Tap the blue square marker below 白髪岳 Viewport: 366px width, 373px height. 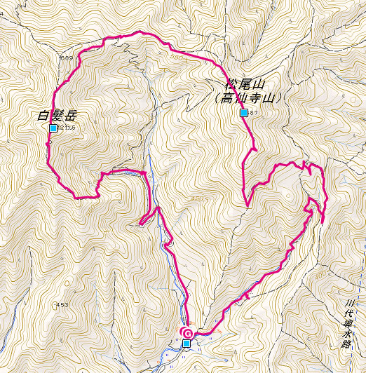click(53, 128)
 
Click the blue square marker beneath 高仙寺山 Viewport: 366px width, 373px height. click(243, 113)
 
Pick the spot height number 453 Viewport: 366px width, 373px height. click(63, 304)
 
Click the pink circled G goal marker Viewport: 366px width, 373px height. click(187, 332)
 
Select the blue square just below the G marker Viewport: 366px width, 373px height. click(186, 343)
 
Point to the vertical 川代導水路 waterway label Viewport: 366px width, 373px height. click(349, 325)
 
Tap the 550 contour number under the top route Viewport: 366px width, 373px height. click(175, 57)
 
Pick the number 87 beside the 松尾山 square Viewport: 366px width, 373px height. click(255, 113)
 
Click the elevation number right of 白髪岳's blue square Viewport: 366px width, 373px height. click(67, 128)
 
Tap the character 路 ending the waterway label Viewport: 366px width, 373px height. click(349, 345)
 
